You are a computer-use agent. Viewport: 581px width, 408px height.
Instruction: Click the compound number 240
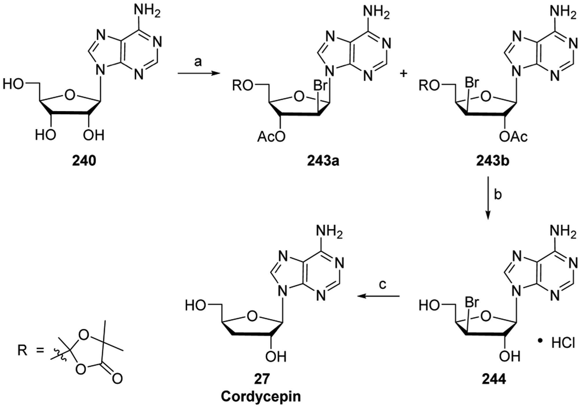(x=84, y=161)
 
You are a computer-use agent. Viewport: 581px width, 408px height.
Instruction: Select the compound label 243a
(x=323, y=161)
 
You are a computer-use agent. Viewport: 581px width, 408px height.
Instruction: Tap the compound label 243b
(x=493, y=161)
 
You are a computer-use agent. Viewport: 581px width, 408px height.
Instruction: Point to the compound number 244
(x=494, y=379)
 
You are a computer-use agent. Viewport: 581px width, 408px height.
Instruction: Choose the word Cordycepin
(x=261, y=396)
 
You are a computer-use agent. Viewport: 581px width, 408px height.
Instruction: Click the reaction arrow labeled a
(x=198, y=74)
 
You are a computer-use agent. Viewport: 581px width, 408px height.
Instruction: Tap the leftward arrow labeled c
(x=378, y=296)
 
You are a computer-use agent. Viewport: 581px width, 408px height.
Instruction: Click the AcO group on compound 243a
(x=271, y=137)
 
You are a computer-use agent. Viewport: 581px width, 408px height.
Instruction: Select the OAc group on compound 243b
(x=513, y=137)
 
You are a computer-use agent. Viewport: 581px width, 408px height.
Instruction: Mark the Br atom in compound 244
(x=472, y=303)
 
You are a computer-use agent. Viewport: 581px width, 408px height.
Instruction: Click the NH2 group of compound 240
(x=147, y=12)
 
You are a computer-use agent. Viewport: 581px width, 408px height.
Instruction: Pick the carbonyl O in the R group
(x=117, y=379)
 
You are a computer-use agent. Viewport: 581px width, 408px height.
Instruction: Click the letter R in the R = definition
(x=22, y=350)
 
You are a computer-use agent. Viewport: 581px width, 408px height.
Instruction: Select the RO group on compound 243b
(x=429, y=86)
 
